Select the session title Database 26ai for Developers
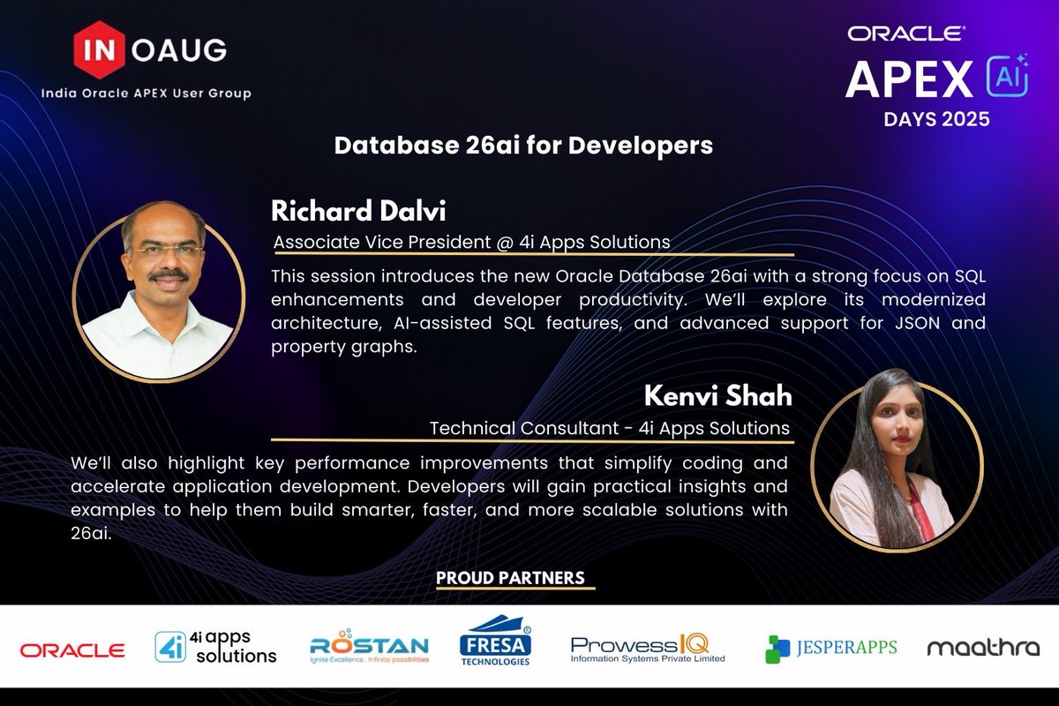coord(523,146)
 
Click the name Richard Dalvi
coord(359,211)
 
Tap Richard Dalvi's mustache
coord(167,276)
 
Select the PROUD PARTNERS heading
coord(510,578)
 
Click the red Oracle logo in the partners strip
coord(72,650)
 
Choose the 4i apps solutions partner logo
coord(215,648)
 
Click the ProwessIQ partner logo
coord(648,649)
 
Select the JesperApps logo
coord(830,649)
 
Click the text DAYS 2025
coord(936,118)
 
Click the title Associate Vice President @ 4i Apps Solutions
coord(471,241)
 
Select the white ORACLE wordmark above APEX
coord(906,34)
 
